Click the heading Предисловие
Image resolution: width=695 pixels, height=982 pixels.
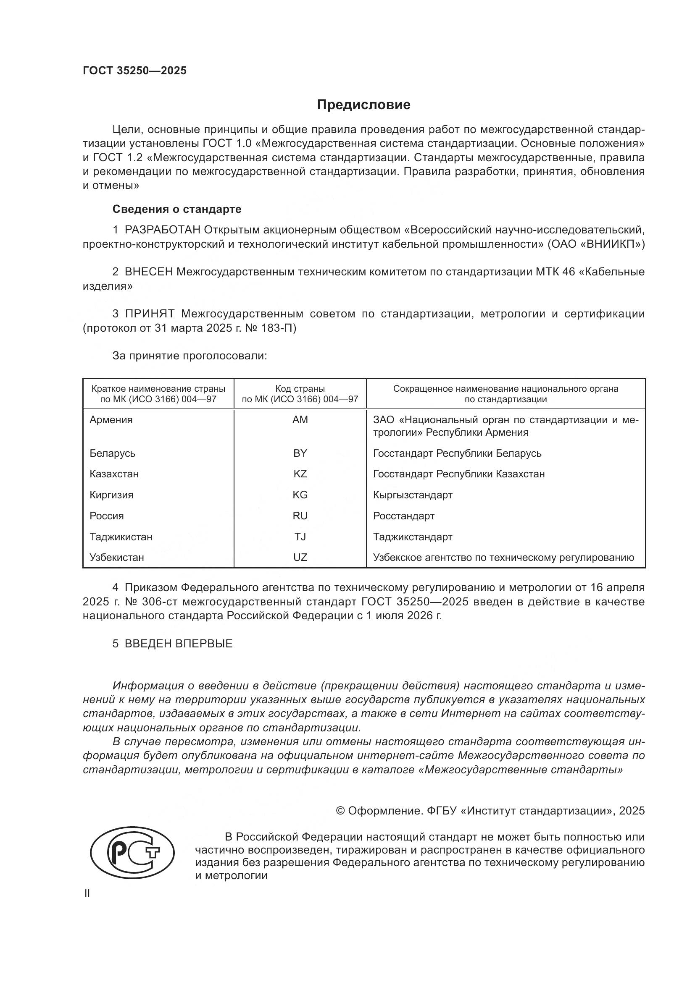pos(363,105)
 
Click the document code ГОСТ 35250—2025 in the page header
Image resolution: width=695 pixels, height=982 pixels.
pos(134,71)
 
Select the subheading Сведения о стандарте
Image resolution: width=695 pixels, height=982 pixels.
pos(177,209)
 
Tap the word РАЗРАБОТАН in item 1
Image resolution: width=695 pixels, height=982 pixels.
pos(162,230)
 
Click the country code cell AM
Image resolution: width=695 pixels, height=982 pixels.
pos(300,419)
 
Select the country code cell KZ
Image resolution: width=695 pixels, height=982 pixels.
pos(300,474)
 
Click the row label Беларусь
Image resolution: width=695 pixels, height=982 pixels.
pos(112,453)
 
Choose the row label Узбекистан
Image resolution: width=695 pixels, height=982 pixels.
pos(116,557)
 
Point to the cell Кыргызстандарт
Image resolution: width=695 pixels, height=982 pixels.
pos(413,495)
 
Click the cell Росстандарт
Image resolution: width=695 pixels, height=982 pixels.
pos(403,516)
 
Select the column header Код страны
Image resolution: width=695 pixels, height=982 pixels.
pos(300,389)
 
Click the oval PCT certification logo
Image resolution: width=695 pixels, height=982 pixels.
pos(132,855)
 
